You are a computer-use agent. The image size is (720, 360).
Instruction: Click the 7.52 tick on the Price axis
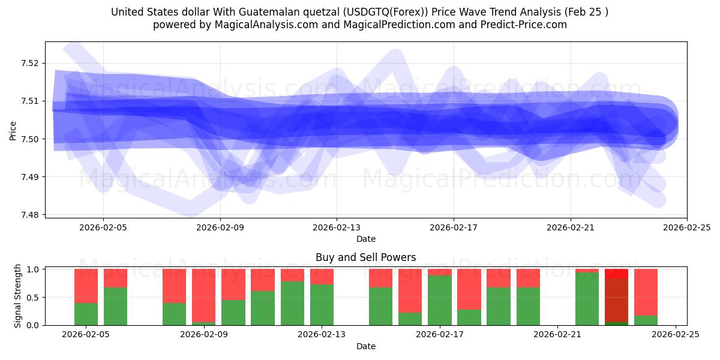(x=29, y=63)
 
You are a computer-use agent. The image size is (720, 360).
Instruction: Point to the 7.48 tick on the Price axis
(x=29, y=215)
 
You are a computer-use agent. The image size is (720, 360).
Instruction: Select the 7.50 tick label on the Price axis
(x=29, y=139)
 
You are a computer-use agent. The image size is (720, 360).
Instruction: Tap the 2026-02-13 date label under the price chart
(x=337, y=227)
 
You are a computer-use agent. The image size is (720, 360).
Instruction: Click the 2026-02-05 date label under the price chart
(x=103, y=227)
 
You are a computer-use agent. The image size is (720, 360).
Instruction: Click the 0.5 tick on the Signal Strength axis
(x=33, y=298)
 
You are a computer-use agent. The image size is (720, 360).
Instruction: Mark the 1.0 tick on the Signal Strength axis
(x=33, y=269)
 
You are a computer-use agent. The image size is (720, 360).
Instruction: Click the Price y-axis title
(x=13, y=130)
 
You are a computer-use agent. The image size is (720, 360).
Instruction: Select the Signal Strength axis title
(x=18, y=296)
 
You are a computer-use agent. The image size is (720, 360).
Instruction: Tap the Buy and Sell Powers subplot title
(x=365, y=257)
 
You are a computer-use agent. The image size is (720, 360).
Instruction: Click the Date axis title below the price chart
(x=365, y=239)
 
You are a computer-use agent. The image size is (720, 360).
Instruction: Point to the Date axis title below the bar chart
(x=365, y=346)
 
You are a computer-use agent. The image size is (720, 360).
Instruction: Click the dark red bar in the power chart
(x=616, y=300)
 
